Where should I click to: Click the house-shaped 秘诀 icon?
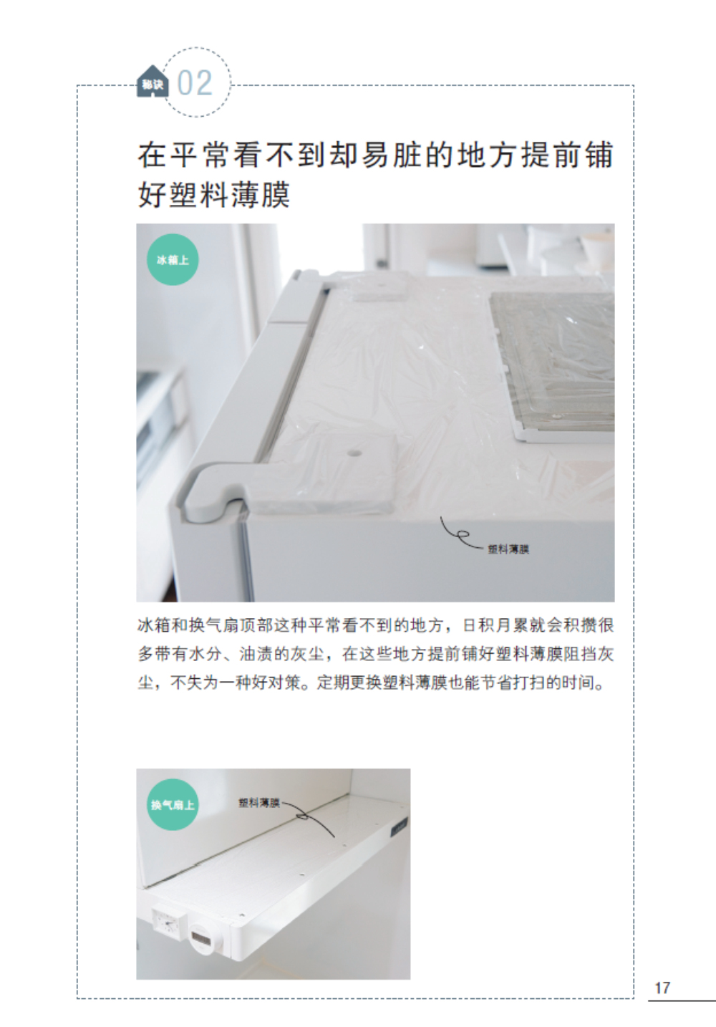(x=153, y=82)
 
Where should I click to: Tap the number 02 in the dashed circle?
(x=195, y=83)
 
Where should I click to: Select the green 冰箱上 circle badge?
(x=173, y=260)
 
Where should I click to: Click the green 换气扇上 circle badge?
(x=173, y=805)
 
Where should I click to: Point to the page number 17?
(x=662, y=988)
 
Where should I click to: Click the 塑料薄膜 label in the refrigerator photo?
(x=508, y=549)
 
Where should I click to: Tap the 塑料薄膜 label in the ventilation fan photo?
(x=259, y=803)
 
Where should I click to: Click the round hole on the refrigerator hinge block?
(x=354, y=453)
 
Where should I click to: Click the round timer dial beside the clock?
(x=203, y=937)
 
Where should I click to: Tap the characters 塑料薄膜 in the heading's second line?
(x=229, y=195)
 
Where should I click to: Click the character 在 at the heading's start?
(x=152, y=155)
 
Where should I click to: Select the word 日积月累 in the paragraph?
(x=495, y=625)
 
